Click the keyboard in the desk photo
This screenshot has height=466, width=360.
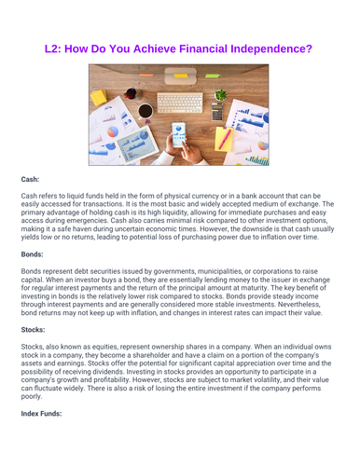click(x=179, y=103)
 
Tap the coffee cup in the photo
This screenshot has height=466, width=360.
click(x=145, y=112)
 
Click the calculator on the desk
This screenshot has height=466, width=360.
click(x=217, y=113)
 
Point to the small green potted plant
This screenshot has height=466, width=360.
click(x=221, y=94)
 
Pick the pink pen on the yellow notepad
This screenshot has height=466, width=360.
click(x=225, y=139)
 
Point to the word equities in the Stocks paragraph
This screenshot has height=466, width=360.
click(x=100, y=346)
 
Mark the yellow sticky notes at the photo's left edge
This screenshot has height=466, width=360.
click(x=97, y=96)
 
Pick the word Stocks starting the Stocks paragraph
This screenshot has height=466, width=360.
click(x=34, y=346)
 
